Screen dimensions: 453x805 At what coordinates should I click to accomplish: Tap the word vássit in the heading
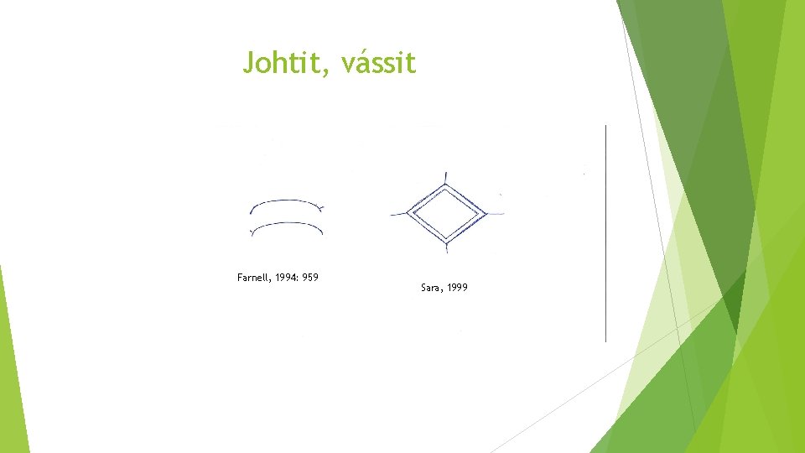[x=379, y=62]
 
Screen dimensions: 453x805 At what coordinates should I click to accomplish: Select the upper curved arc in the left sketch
[x=287, y=202]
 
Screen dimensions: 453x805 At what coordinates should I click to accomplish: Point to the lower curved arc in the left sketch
[x=287, y=224]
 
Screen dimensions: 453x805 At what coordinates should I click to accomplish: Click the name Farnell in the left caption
[x=254, y=277]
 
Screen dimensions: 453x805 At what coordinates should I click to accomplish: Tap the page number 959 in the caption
[x=311, y=277]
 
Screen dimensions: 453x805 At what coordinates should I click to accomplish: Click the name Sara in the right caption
[x=431, y=288]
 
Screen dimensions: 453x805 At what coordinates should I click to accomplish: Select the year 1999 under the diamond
[x=458, y=288]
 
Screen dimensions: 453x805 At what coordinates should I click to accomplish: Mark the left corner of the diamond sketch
[x=406, y=213]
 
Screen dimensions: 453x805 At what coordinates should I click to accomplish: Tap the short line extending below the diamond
[x=447, y=248]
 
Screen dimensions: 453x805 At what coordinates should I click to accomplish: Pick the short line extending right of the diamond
[x=496, y=212]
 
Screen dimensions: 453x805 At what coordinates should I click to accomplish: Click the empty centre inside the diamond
[x=446, y=211]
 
